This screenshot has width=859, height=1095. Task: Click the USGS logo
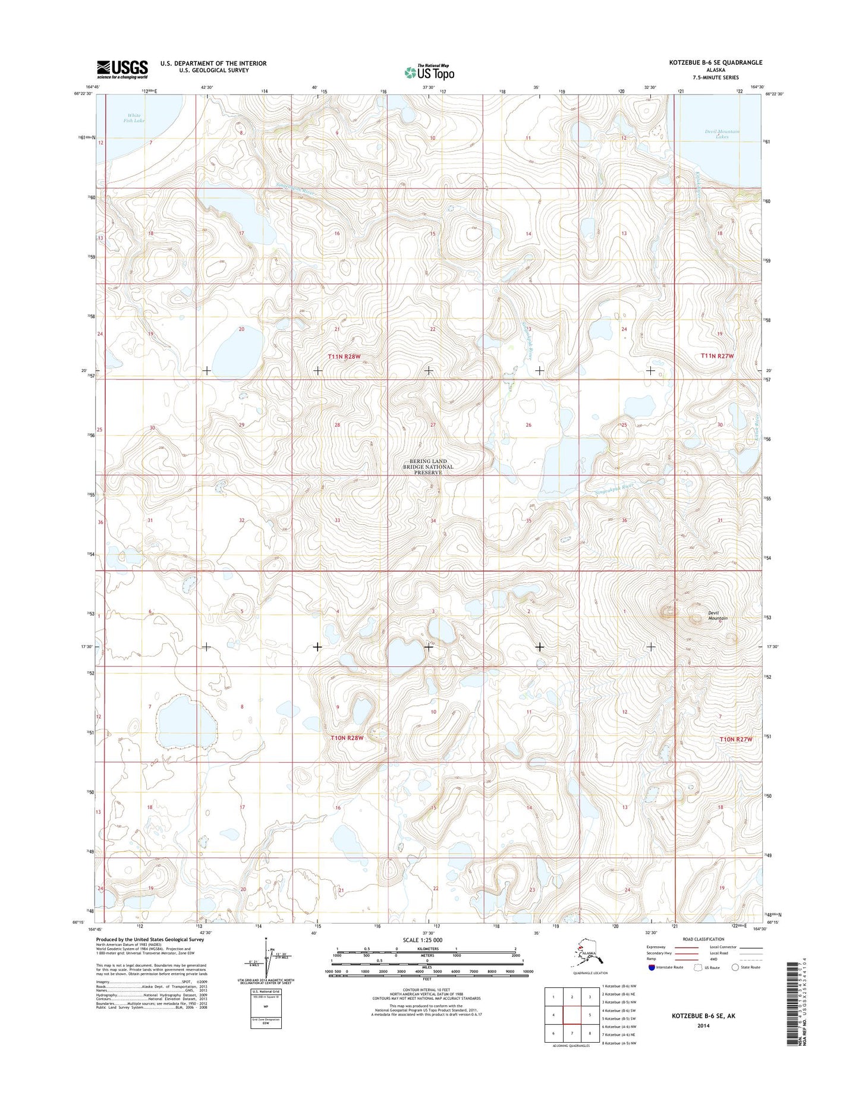[122, 70]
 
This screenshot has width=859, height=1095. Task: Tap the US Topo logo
[429, 72]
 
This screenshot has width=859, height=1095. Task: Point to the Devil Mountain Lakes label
[722, 134]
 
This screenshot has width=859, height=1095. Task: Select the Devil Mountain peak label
[718, 616]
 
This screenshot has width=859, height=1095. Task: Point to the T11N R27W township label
[717, 355]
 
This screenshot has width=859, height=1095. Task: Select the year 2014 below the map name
[703, 1025]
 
